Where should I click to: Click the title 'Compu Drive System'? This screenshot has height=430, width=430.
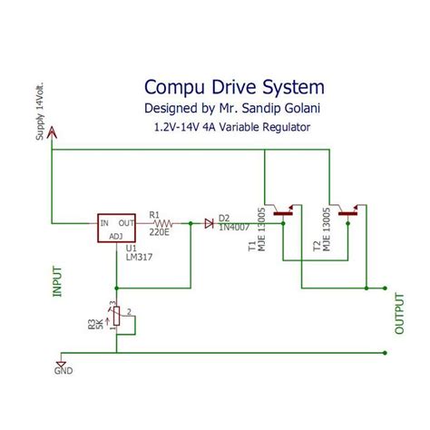233,88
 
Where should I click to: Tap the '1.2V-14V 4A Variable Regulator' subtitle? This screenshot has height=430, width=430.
233,128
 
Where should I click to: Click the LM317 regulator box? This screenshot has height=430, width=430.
120,228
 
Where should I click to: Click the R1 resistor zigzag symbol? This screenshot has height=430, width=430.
163,221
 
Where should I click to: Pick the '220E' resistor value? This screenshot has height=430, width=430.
161,232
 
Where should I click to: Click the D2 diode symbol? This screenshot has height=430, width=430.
209,221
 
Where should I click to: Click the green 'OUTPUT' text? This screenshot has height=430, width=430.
398,313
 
